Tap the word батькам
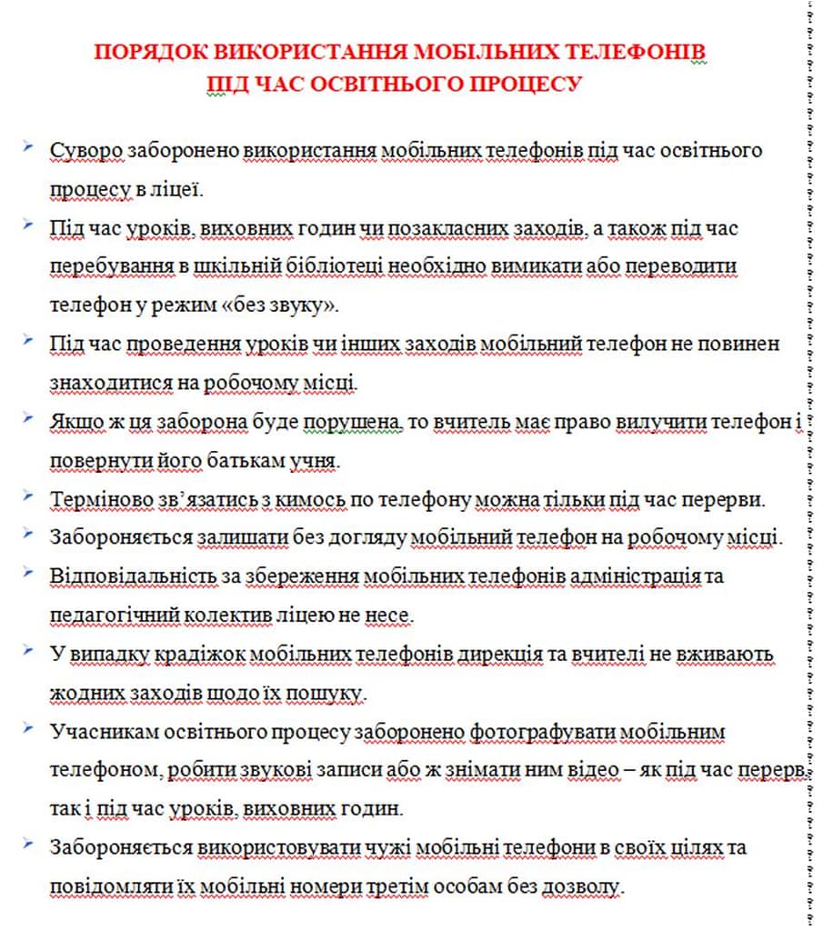[217, 461]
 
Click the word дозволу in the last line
[587, 886]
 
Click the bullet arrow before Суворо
[31, 146]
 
